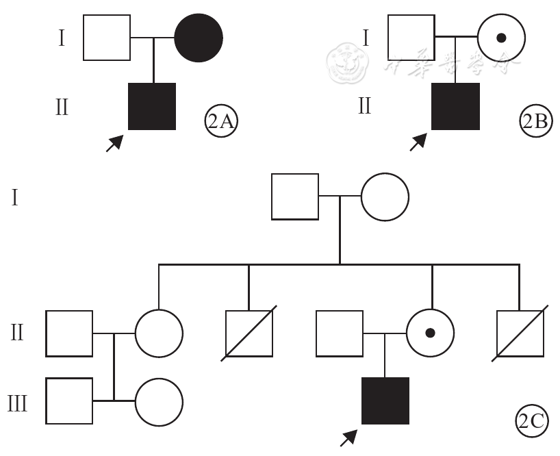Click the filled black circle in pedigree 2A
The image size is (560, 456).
click(x=199, y=38)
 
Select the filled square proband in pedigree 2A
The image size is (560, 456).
click(x=152, y=106)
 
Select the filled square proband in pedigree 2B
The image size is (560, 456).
click(x=455, y=106)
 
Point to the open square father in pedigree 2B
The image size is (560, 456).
click(x=411, y=38)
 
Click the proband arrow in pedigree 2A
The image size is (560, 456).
click(x=115, y=142)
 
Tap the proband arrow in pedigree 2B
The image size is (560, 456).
click(x=418, y=142)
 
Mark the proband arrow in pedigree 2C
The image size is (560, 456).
click(x=349, y=437)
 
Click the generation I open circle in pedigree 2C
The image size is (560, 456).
click(x=385, y=197)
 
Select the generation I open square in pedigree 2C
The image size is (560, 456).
click(x=295, y=197)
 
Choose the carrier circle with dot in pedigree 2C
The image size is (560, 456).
click(x=430, y=333)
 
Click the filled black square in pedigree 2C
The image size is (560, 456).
click(x=385, y=401)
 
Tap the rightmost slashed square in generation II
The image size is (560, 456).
click(x=520, y=333)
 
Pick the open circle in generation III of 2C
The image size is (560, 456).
click(x=159, y=401)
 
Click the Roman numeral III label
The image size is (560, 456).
click(x=17, y=403)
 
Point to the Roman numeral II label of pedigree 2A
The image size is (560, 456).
click(x=62, y=107)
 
